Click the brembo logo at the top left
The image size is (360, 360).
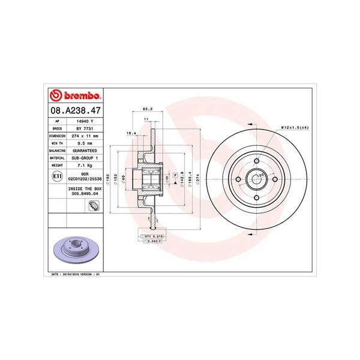tap(76, 95)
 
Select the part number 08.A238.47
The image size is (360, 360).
tap(76, 111)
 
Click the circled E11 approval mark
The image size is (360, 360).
tap(57, 177)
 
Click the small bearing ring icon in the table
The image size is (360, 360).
tap(94, 206)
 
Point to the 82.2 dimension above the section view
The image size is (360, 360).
tap(146, 109)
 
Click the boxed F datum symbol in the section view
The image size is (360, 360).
tap(175, 174)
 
